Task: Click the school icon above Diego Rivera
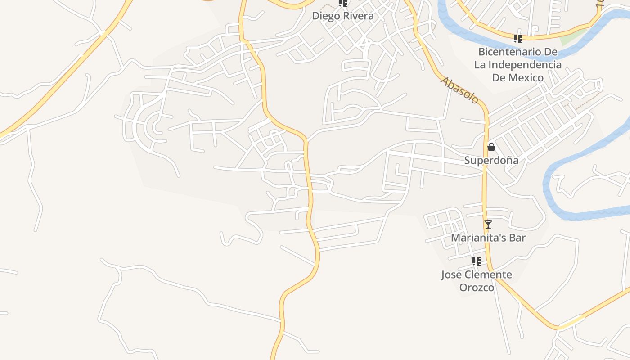343,3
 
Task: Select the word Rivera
359,16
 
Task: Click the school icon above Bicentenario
518,39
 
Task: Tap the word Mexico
526,78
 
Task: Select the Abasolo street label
459,90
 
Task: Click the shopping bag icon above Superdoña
491,147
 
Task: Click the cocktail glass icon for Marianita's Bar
488,224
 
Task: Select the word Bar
517,238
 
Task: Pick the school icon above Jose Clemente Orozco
477,261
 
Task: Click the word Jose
451,274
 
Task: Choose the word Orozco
477,288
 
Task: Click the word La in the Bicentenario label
480,65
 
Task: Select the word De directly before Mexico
499,78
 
